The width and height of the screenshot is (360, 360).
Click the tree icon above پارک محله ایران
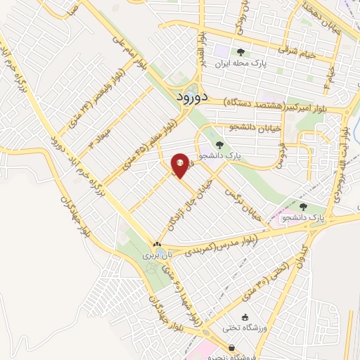241,51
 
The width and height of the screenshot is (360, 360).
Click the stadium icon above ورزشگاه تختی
244,317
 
